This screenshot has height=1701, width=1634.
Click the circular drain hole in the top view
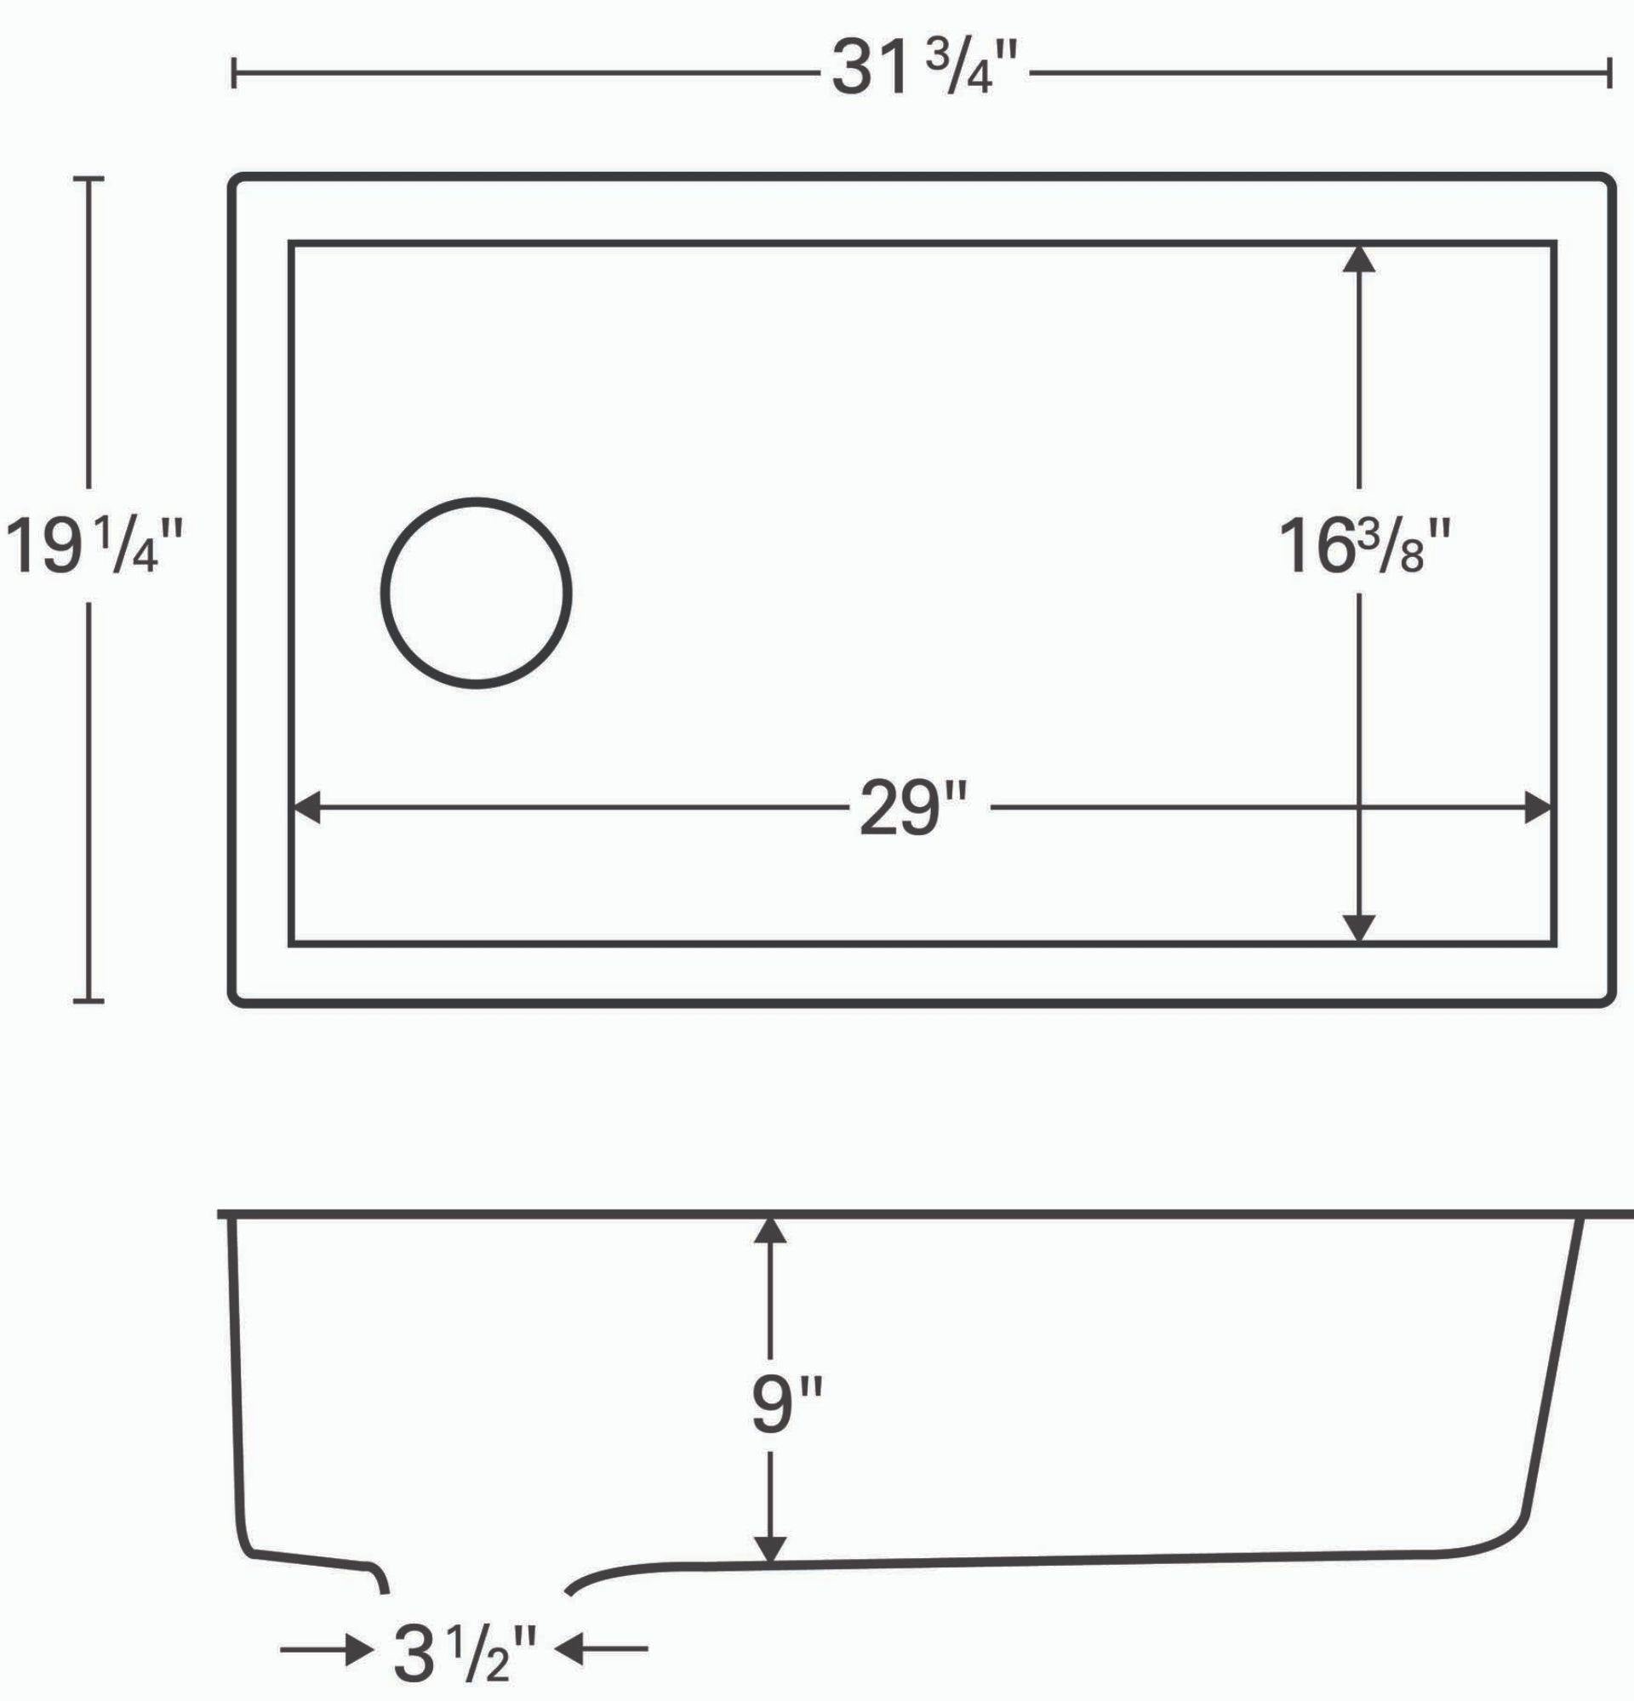coord(477,593)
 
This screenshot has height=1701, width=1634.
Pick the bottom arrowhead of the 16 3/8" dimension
coord(1359,928)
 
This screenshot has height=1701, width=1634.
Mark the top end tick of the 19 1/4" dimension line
coord(89,179)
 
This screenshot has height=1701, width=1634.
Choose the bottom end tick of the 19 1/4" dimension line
coord(89,1001)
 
